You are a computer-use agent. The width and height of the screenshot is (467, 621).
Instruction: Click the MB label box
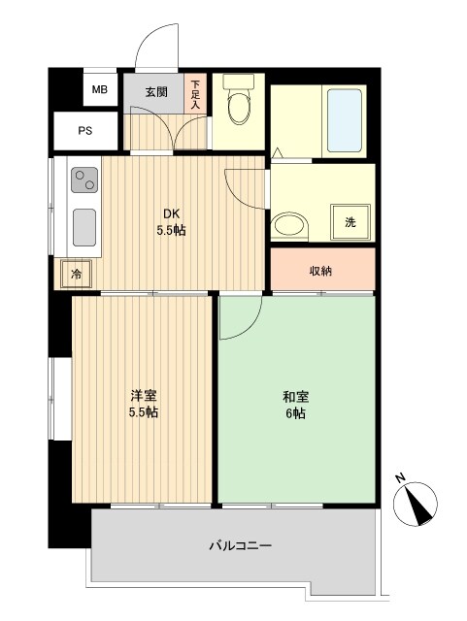pyautogui.click(x=99, y=90)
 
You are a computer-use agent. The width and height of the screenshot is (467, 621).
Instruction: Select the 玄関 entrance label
pyautogui.click(x=157, y=93)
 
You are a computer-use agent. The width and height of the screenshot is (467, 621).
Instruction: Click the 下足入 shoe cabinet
pyautogui.click(x=195, y=93)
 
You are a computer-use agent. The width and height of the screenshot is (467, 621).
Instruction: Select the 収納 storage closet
pyautogui.click(x=321, y=270)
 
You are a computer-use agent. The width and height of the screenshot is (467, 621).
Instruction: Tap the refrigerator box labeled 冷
pyautogui.click(x=76, y=276)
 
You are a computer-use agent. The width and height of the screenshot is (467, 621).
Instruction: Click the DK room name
pyautogui.click(x=170, y=214)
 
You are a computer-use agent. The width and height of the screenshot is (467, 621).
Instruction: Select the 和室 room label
pyautogui.click(x=295, y=396)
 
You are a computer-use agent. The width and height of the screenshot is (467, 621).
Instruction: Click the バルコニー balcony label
pyautogui.click(x=240, y=546)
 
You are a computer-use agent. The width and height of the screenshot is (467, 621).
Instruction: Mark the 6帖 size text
pyautogui.click(x=295, y=412)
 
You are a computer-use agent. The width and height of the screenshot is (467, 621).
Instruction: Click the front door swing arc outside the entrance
pyautogui.click(x=155, y=47)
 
